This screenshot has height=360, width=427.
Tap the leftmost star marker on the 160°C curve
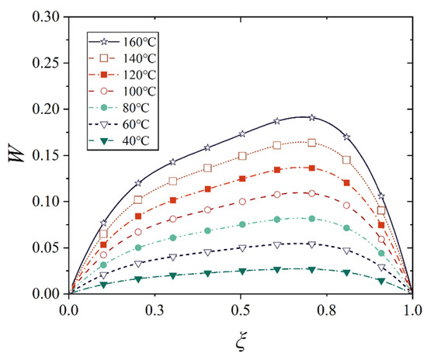point(104,223)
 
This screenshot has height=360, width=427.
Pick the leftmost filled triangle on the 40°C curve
point(104,285)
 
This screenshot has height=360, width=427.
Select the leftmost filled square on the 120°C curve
point(104,244)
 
